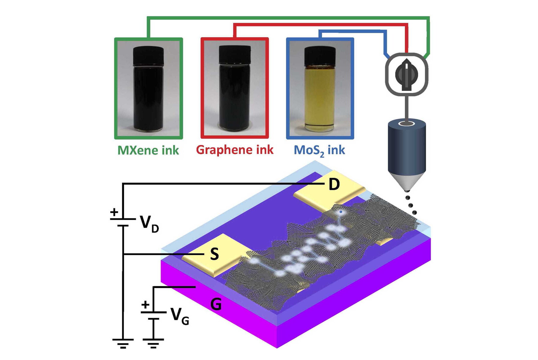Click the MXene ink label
point(148,150)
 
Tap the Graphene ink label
point(235,150)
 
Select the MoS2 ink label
point(319,150)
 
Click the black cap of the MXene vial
point(148,55)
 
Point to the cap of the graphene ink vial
point(234,55)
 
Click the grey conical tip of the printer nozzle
point(407,181)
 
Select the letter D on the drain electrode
point(334,184)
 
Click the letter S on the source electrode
point(214,254)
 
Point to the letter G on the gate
point(216,304)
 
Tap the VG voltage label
point(179,317)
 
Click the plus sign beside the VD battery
point(114,212)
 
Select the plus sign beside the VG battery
point(145,305)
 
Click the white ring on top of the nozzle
point(406,123)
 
